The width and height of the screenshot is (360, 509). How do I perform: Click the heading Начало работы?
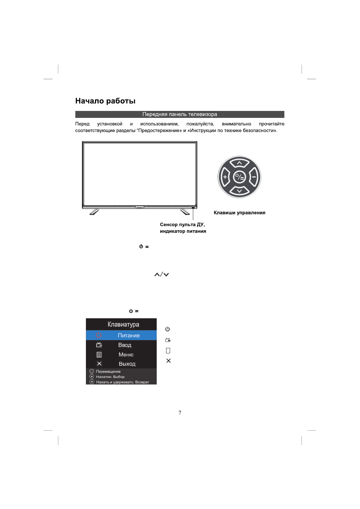coord(105,101)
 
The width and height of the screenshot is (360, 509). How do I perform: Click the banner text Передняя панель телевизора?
coord(180,114)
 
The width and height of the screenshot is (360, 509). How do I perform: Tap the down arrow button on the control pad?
coord(239,191)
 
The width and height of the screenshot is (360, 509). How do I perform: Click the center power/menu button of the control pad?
coord(239,177)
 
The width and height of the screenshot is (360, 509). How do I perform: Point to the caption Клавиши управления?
coord(239,213)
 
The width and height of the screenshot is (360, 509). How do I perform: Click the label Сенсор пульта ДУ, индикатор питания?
coord(183,228)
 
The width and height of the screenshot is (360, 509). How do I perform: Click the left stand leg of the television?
coord(94,212)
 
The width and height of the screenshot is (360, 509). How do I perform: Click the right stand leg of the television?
coord(185,212)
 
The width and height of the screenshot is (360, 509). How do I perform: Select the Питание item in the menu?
coord(129,336)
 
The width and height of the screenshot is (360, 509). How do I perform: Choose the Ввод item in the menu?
coord(125,345)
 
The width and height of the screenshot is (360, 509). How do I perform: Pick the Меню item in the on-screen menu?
coord(126,355)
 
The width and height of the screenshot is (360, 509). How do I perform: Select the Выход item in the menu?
coord(127,364)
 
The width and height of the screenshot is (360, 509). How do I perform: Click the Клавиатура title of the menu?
coord(123,325)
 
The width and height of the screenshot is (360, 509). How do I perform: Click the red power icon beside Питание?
coord(99,335)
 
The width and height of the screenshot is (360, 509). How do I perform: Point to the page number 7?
coord(180,413)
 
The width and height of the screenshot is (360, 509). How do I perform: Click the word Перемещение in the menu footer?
coord(108,371)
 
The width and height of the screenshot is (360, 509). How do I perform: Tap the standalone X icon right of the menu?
coord(169,361)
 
